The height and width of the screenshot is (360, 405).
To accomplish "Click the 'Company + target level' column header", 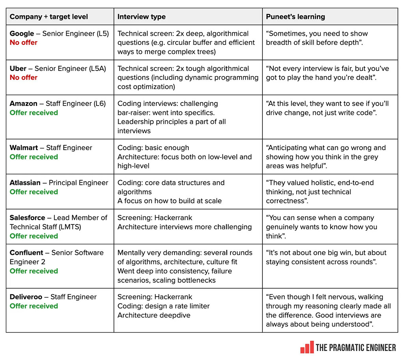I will pyautogui.click(x=49, y=17).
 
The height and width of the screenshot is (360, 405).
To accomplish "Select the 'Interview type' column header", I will pyautogui.click(x=141, y=17).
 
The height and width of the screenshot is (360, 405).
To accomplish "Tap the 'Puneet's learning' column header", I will pyautogui.click(x=295, y=17).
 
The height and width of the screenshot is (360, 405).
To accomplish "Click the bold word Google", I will pyautogui.click(x=22, y=33).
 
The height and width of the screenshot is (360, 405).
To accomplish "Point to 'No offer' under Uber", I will pyautogui.click(x=24, y=78).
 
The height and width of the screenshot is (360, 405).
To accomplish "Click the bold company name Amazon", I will pyautogui.click(x=24, y=104).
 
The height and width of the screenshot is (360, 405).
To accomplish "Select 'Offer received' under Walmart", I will pyautogui.click(x=34, y=157).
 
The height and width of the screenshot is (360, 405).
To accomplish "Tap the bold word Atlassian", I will pyautogui.click(x=25, y=183).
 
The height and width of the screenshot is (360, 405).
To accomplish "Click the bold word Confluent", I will pyautogui.click(x=26, y=253).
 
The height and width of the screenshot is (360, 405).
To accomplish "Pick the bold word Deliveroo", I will pyautogui.click(x=26, y=297).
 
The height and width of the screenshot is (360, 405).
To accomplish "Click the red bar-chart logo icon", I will pyautogui.click(x=307, y=347).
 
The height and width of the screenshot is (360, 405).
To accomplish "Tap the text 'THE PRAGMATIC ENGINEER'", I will pyautogui.click(x=355, y=347).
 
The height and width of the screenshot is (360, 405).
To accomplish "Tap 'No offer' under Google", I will pyautogui.click(x=24, y=43).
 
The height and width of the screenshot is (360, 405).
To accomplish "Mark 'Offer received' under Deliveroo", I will pyautogui.click(x=34, y=306).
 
